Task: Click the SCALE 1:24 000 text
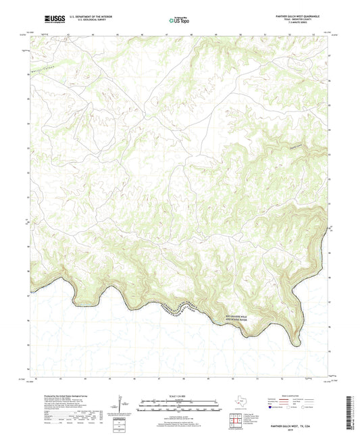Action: point(179,394)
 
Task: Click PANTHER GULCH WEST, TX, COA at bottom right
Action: point(300,426)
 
